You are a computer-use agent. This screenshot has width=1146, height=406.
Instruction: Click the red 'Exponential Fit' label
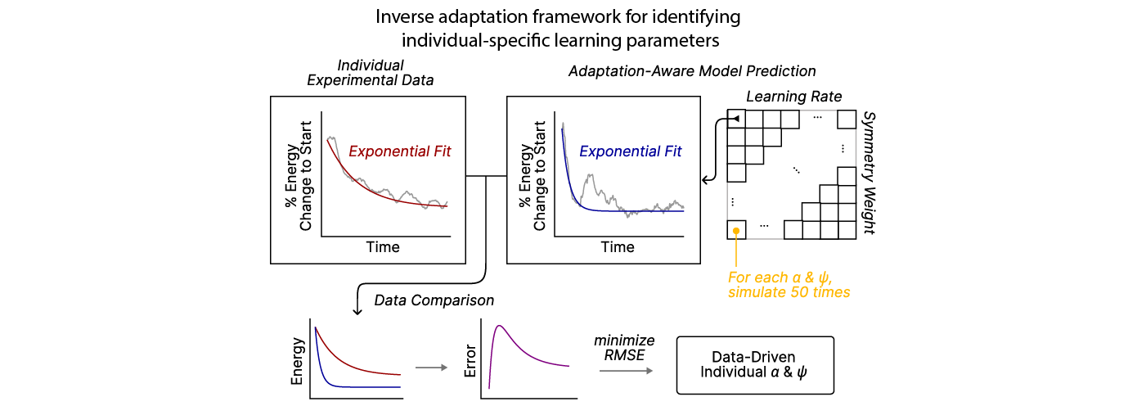[399, 151]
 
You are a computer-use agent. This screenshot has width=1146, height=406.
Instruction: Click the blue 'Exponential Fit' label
[630, 151]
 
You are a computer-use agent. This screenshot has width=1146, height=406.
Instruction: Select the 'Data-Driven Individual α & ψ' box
[753, 365]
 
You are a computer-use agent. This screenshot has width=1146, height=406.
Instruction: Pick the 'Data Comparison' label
[434, 300]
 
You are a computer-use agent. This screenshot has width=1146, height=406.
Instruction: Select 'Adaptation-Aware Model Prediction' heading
[692, 72]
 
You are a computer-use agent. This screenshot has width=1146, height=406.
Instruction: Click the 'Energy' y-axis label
[298, 360]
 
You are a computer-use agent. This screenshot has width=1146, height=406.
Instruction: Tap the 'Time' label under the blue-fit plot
[618, 246]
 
